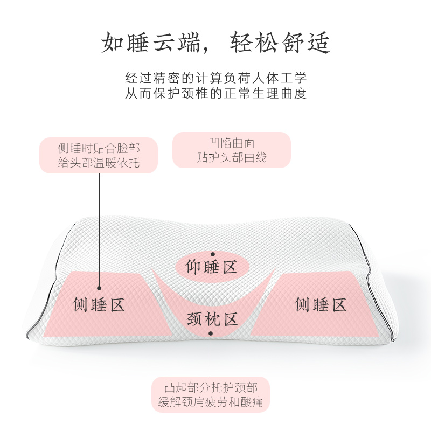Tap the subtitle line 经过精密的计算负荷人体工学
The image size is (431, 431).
point(215,78)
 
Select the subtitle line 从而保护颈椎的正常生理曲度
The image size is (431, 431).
point(215,94)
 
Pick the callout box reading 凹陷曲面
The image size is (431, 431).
point(232,150)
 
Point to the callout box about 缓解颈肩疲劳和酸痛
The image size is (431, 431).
point(210,395)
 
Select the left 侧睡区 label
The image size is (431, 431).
point(99,305)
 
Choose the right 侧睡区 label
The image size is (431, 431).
point(321,305)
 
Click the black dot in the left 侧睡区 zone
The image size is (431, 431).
point(99,286)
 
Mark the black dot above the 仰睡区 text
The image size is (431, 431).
point(212,253)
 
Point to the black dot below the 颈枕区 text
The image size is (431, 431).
point(211,333)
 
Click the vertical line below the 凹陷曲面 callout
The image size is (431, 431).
point(212,210)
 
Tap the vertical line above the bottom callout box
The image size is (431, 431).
point(211,356)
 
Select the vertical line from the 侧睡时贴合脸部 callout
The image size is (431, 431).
point(99,226)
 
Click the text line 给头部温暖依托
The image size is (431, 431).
point(99,162)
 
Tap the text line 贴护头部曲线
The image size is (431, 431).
point(232,158)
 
